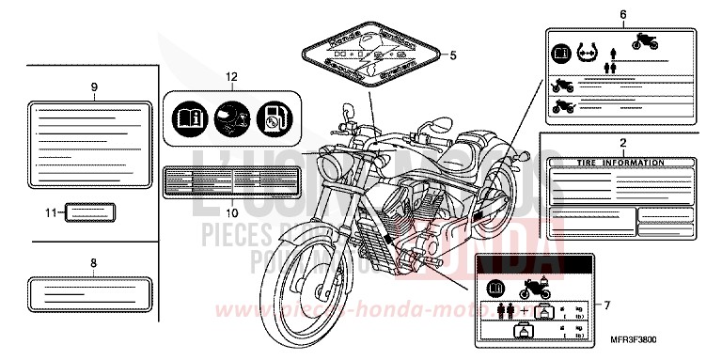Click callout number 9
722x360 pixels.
click(94, 86)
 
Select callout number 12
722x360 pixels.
click(231, 76)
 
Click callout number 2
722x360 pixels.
click(622, 143)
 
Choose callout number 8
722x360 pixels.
click(94, 264)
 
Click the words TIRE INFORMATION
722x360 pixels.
click(621, 163)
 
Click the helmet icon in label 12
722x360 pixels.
click(231, 117)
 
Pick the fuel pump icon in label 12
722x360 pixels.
click(272, 117)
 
